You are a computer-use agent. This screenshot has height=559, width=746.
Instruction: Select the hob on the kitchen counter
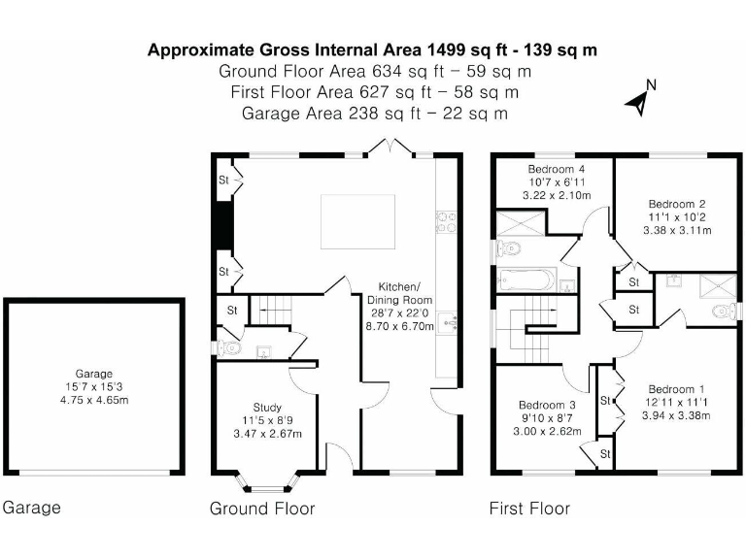448,222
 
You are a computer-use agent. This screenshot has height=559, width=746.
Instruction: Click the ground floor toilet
224,347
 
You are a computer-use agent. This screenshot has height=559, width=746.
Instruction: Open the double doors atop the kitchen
389,147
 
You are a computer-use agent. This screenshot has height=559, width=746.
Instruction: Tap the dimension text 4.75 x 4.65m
94,398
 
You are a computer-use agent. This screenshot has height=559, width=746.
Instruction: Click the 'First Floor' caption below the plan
528,509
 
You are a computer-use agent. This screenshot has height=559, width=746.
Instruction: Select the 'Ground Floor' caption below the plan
262,509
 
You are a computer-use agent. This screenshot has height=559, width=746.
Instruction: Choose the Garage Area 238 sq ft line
374,114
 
